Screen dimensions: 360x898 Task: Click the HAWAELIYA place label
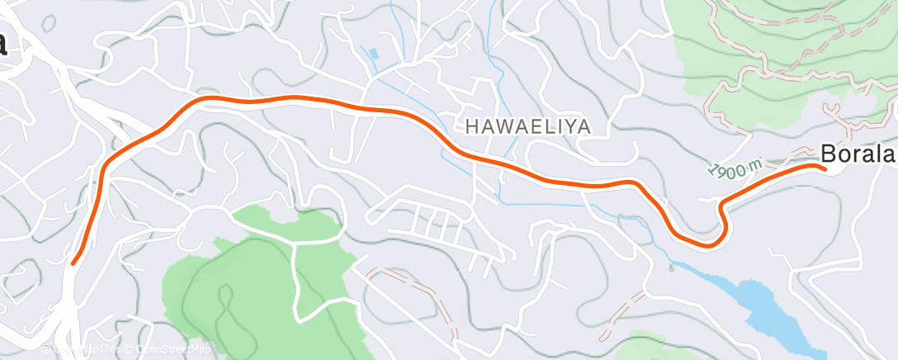point(529,126)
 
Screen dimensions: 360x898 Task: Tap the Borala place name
point(858,154)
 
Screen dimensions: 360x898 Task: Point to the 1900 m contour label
point(735,169)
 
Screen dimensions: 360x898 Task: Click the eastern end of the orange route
point(823,168)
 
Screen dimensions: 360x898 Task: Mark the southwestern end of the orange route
point(73,263)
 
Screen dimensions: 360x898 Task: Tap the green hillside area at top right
point(743,50)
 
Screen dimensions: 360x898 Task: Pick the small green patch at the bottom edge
point(652,347)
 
